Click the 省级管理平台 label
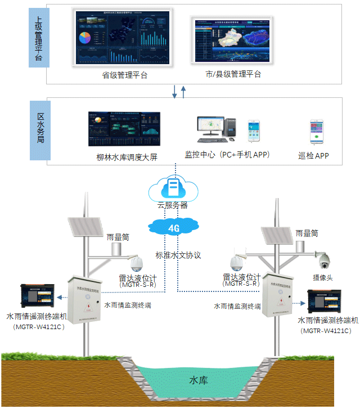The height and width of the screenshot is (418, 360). coord(125,75)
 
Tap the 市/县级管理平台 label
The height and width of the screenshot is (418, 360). coord(233,74)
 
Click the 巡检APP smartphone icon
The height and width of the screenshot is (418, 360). coord(316,132)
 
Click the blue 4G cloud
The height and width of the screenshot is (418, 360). coord(174,227)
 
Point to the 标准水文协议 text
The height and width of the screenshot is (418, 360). coord(178,255)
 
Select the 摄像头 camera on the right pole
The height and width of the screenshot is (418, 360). coord(324,260)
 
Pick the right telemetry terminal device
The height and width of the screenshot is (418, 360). coord(329,303)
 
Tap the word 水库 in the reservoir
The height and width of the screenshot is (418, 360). coord(199,381)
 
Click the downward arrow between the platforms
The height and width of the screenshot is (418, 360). coord(174,91)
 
